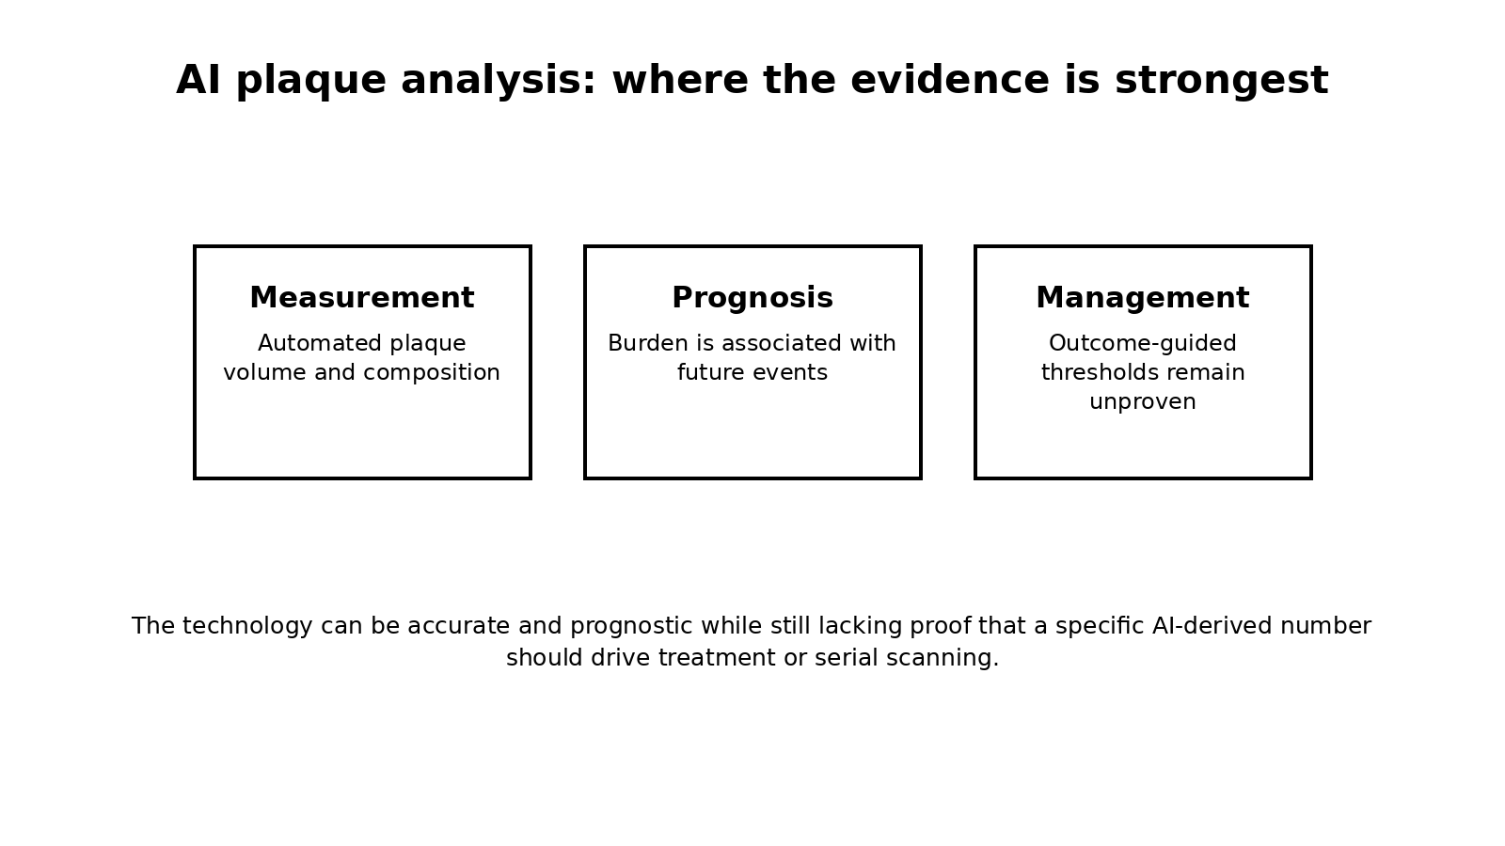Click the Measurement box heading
pyautogui.click(x=362, y=297)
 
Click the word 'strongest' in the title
pyautogui.click(x=1222, y=81)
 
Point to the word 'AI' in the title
pyautogui.click(x=198, y=80)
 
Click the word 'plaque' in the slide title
pyautogui.click(x=311, y=81)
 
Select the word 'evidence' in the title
pyautogui.click(x=949, y=80)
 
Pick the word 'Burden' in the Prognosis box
pyautogui.click(x=648, y=343)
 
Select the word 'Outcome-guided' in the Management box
pyautogui.click(x=1143, y=344)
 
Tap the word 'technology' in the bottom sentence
pyautogui.click(x=247, y=627)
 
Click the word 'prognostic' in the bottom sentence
pyautogui.click(x=631, y=627)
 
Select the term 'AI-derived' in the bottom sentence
pyautogui.click(x=1212, y=626)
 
